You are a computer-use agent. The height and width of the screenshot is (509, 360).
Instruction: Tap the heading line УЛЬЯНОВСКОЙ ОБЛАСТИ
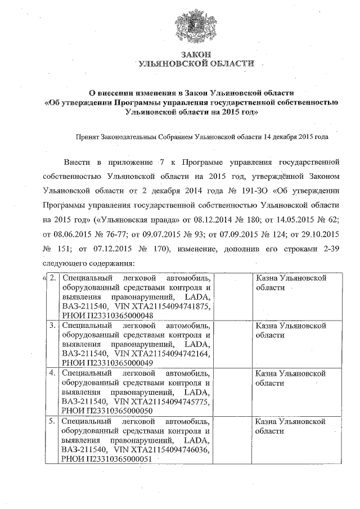(x=196, y=64)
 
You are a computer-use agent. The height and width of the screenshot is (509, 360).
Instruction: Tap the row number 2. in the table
(x=52, y=278)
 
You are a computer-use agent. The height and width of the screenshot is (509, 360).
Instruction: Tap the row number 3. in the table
(x=52, y=326)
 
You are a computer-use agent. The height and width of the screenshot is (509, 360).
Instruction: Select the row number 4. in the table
(x=52, y=373)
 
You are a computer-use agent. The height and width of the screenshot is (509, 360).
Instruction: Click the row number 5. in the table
(x=52, y=421)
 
